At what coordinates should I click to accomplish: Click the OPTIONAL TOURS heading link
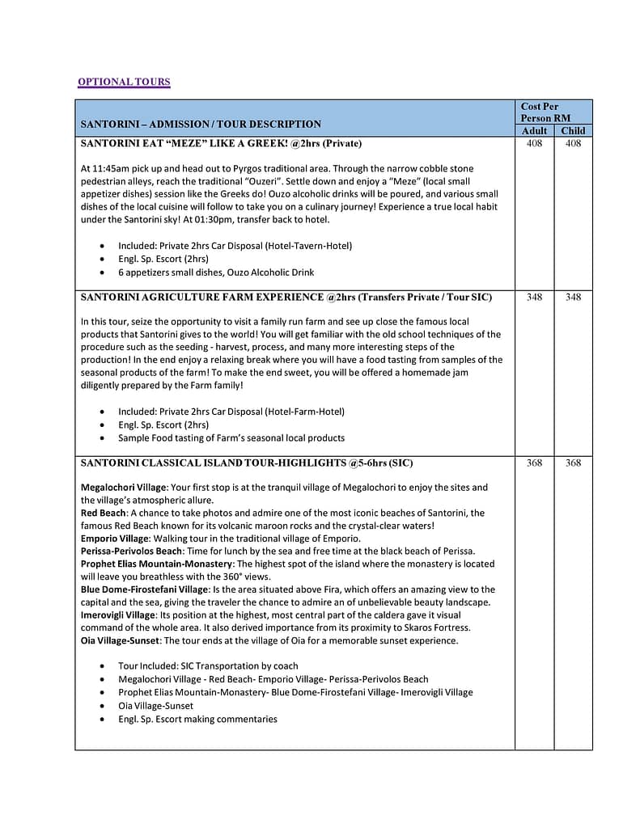coord(124,82)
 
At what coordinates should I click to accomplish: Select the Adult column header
coord(534,130)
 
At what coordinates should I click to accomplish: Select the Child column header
coord(573,130)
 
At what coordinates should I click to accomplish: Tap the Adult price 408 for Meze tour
coord(534,144)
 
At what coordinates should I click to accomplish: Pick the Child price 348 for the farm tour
coord(573,297)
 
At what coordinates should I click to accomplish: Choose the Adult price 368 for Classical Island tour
coord(534,463)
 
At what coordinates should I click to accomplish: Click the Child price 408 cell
coord(573,144)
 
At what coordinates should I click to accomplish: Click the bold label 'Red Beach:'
coord(104,513)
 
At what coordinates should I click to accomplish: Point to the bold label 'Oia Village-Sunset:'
coord(121,640)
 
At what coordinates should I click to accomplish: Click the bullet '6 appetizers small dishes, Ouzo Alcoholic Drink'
coord(216,272)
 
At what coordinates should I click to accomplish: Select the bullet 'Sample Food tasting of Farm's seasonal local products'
coord(231,437)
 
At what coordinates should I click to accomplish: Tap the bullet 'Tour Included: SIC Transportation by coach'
coord(208,666)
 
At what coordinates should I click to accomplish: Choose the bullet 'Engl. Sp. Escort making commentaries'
coord(197,719)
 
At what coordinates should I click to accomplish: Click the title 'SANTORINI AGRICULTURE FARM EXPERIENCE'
coord(202,297)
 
